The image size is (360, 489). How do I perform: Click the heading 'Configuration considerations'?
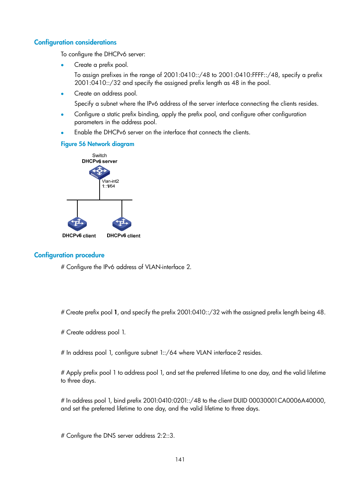coord(75,42)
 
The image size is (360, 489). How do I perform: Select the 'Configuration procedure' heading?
coord(69,255)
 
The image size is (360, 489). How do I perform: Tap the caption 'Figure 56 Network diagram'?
coord(97,144)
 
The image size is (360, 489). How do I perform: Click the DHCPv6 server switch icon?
coord(99,172)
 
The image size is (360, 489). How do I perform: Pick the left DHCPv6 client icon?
coord(77,224)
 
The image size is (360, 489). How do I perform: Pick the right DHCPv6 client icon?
coord(122,224)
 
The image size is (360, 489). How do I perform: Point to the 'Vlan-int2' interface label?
coord(110,181)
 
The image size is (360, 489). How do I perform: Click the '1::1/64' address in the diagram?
coord(108,186)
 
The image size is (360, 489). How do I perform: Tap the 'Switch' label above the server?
coord(99,155)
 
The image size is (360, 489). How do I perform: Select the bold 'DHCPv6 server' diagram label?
coord(99,161)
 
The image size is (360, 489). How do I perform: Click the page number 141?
coord(180,459)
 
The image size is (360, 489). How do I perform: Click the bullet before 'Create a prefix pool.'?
coord(62,65)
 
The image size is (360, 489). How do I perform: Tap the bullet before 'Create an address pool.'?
coord(62,94)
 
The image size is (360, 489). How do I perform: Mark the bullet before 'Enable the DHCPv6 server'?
coord(62,133)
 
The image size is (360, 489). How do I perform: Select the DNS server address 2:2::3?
coord(166,435)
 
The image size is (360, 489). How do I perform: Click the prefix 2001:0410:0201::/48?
coord(172,400)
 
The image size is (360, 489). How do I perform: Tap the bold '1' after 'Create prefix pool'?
coord(115,312)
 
